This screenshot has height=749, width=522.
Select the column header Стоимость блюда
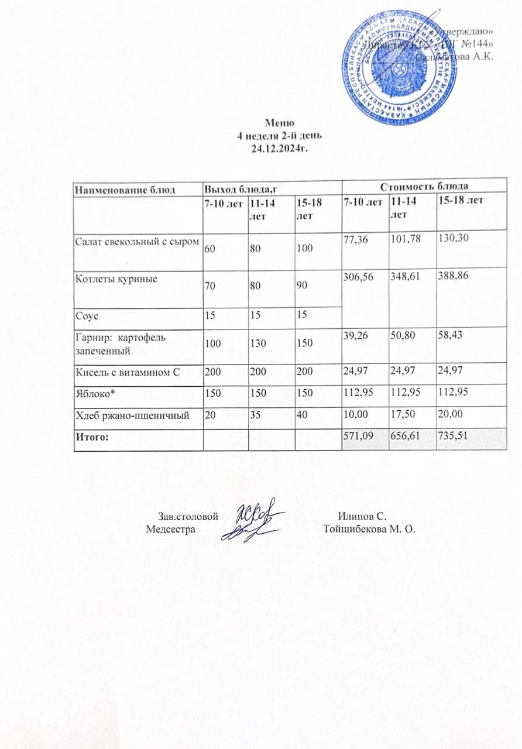coord(424,187)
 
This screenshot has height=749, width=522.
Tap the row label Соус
coord(85,315)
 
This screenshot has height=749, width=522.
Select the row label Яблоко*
coord(91,393)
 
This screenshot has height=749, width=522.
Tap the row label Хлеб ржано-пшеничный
coord(131,415)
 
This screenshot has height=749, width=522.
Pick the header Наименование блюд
coord(119,188)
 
